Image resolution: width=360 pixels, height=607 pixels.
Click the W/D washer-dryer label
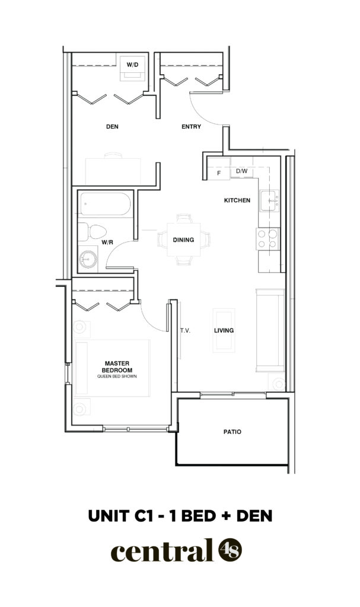pyautogui.click(x=132, y=65)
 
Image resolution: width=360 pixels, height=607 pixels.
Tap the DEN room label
pyautogui.click(x=112, y=127)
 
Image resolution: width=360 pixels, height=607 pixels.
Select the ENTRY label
pyautogui.click(x=192, y=127)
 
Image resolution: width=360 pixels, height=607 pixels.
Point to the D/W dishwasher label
pyautogui.click(x=241, y=171)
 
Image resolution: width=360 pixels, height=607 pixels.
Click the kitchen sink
pyautogui.click(x=269, y=200)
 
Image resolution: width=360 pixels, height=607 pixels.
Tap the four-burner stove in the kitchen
pyautogui.click(x=267, y=239)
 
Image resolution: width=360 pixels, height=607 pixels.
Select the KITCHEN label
pyautogui.click(x=237, y=200)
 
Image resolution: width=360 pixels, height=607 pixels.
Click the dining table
pyautogui.click(x=184, y=239)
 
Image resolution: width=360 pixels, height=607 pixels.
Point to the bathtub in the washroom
pyautogui.click(x=105, y=204)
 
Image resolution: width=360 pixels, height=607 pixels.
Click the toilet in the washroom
pyautogui.click(x=93, y=232)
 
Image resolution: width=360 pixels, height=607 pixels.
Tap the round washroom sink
pyautogui.click(x=88, y=259)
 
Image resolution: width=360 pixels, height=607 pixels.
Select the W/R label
pyautogui.click(x=107, y=242)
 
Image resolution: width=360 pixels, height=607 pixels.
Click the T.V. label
pyautogui.click(x=185, y=331)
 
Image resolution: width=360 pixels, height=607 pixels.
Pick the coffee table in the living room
pyautogui.click(x=224, y=330)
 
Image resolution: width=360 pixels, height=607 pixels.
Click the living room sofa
pyautogui.click(x=270, y=330)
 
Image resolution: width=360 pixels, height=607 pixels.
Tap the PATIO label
pyautogui.click(x=232, y=432)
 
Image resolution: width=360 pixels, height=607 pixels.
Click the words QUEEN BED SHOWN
pyautogui.click(x=117, y=376)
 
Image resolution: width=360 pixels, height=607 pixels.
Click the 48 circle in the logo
pyautogui.click(x=230, y=550)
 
